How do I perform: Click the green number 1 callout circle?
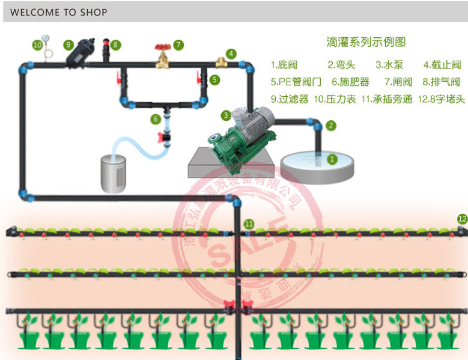332,159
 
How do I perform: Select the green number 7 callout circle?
178,44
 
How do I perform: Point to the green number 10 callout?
37,44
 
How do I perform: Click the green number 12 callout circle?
461,219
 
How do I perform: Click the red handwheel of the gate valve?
161,47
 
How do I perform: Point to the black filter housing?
82,52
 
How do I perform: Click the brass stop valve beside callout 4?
220,61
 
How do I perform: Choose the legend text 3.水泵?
389,65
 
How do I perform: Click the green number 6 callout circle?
156,118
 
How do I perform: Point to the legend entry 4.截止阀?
442,65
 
